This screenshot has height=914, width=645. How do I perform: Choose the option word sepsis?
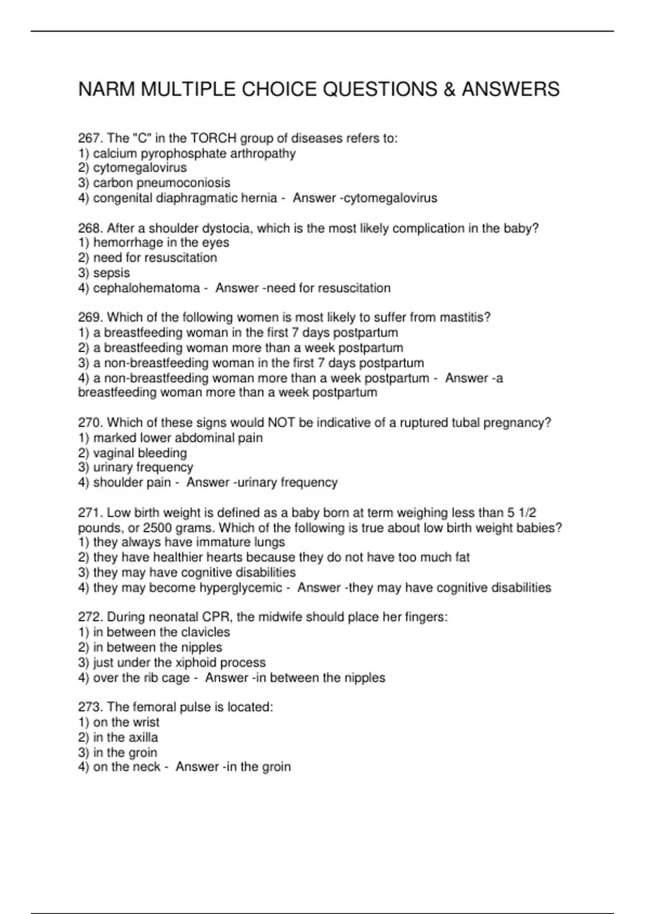point(111,273)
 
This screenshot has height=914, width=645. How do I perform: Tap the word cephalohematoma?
point(146,288)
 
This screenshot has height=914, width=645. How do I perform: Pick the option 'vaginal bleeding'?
point(140,453)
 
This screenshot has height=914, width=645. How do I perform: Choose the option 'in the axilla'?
point(125,738)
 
